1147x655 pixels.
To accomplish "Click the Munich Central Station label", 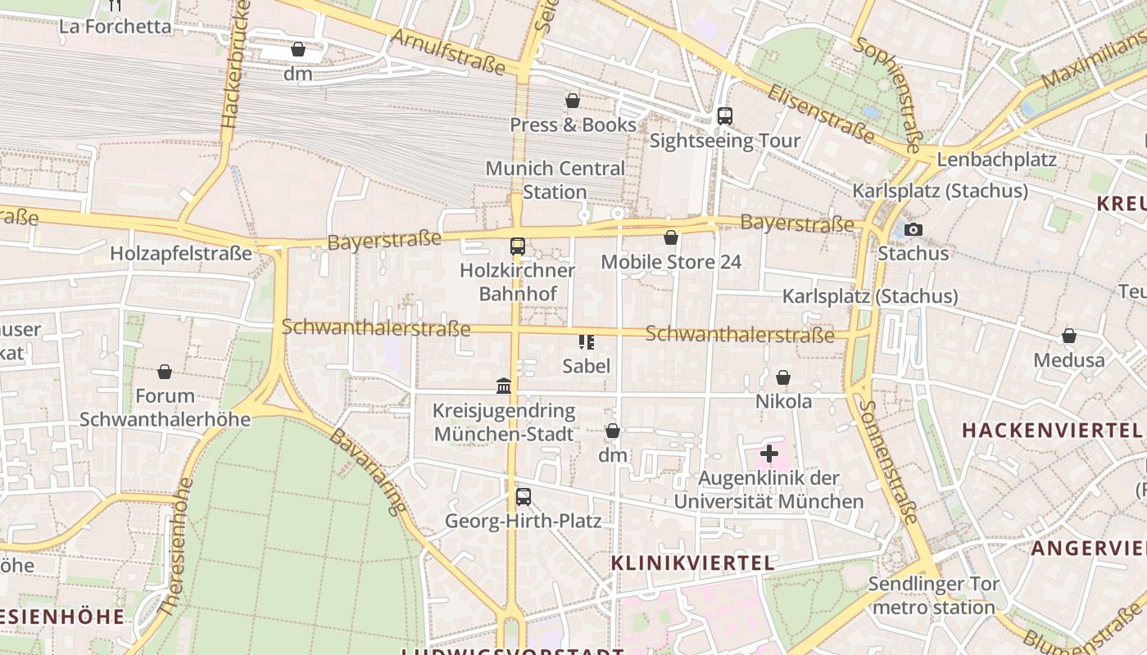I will [555, 180].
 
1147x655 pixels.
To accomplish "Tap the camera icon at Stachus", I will [914, 230].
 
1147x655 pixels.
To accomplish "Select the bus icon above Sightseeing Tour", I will [724, 116].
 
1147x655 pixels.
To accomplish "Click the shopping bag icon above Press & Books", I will [573, 101].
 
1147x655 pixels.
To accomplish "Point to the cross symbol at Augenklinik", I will [768, 453].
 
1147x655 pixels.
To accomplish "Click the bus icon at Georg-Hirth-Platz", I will [523, 496].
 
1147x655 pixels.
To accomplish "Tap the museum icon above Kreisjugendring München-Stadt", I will [504, 386].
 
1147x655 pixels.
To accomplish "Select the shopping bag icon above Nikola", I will [783, 377].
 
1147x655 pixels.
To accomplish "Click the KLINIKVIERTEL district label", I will [693, 562].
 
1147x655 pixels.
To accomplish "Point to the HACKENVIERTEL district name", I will [1052, 430].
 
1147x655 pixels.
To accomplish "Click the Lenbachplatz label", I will [996, 159].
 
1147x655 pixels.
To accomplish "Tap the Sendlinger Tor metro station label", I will [933, 596].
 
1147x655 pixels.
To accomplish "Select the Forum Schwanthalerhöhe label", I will [165, 407].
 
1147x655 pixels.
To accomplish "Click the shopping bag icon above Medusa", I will [1068, 336].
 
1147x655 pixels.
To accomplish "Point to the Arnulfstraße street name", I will [448, 51].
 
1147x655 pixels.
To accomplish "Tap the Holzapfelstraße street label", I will [181, 254].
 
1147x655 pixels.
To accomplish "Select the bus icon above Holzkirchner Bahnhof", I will [517, 246].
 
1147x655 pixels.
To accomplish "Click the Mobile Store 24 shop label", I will [671, 262].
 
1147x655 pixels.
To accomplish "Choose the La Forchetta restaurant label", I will [116, 26].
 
